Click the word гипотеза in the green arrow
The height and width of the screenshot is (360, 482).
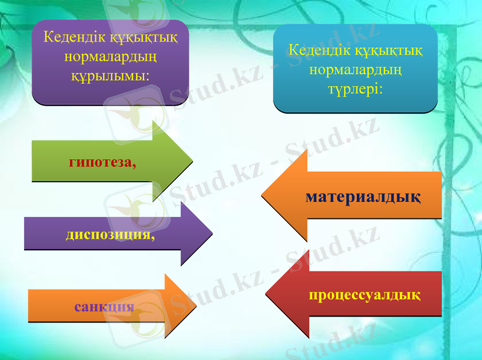(x=100, y=162)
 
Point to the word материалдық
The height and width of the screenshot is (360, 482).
(x=363, y=197)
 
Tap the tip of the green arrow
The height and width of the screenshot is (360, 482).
(x=192, y=162)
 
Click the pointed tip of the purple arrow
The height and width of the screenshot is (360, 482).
(x=212, y=233)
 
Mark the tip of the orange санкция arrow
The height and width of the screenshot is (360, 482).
(x=196, y=306)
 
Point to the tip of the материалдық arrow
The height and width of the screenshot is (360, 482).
(x=262, y=195)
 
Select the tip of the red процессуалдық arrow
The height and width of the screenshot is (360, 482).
(x=266, y=295)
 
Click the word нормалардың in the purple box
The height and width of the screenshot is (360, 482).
(x=110, y=57)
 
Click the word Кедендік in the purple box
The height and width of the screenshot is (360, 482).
(x=70, y=37)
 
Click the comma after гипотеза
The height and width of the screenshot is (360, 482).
(x=133, y=165)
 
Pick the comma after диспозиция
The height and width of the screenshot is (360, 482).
(x=152, y=238)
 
